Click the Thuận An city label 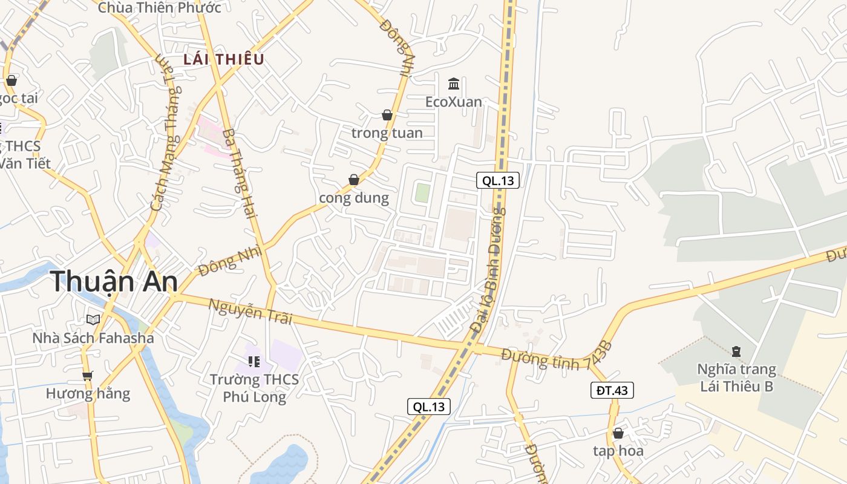114,282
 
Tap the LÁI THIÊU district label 224,59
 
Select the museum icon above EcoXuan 454,83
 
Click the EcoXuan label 454,102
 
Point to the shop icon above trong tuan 387,115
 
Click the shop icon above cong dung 354,180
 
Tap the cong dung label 354,198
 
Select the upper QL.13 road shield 498,180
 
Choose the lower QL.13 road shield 429,407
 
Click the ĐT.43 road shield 612,390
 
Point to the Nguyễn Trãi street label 250,312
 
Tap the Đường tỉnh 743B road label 557,357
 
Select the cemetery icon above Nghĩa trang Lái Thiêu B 736,351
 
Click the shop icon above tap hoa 618,433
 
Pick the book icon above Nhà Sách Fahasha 93,319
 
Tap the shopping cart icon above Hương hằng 88,376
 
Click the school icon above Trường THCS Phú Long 254,362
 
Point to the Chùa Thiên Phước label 159,8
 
